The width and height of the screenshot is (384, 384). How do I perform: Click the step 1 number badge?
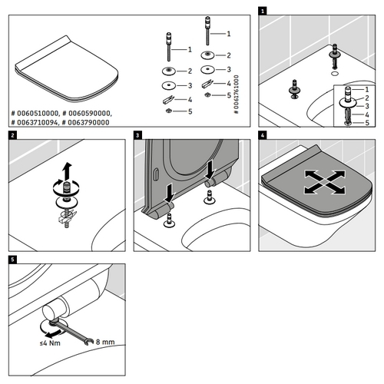tap(263, 12)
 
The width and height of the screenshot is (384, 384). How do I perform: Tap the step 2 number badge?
tap(12, 136)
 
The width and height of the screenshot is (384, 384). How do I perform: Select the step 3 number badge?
tap(137, 136)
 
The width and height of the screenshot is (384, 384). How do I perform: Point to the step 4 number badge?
tap(263, 136)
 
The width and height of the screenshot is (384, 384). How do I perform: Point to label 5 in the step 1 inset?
tap(367, 123)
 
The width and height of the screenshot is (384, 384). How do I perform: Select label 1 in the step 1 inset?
tap(367, 91)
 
